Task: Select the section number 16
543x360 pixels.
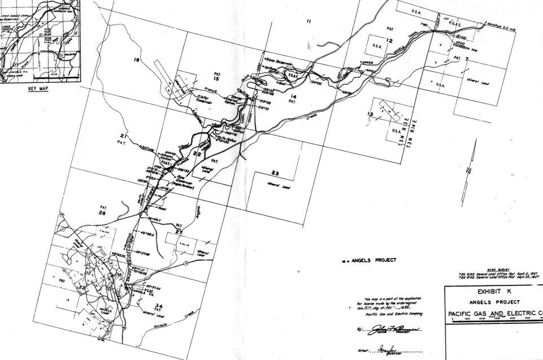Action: [x=135, y=59]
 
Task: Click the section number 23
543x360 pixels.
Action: [x=275, y=173]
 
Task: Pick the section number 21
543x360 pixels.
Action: [x=122, y=136]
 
